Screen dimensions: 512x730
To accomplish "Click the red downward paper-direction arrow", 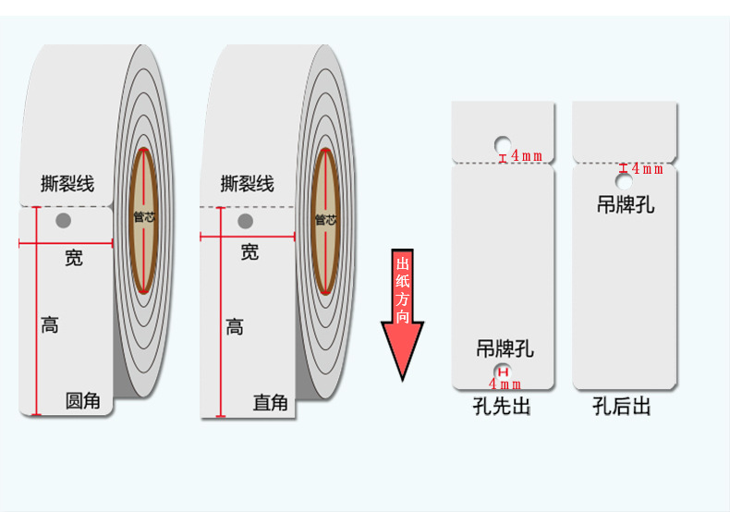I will click(403, 314).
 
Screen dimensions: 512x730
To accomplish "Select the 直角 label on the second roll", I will click(271, 403).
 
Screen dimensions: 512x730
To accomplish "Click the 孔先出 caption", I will click(502, 406).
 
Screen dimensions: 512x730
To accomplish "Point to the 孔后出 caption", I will click(622, 406).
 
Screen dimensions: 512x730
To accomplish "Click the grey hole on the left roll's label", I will click(63, 220).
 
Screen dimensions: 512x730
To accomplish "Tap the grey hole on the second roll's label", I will click(245, 221).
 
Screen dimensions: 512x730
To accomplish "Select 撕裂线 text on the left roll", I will click(67, 183).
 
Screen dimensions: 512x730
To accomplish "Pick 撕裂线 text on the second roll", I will click(248, 183).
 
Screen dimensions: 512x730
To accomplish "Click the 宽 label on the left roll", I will click(74, 258).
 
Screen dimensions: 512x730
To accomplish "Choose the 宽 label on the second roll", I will click(249, 251).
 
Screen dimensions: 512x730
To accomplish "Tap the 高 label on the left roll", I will click(50, 324).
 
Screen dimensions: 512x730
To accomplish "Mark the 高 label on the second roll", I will click(235, 326).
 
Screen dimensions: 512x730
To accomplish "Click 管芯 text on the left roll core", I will click(144, 218).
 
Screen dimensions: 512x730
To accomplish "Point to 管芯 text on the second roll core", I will click(324, 219).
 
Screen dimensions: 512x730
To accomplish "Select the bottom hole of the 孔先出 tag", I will click(502, 372).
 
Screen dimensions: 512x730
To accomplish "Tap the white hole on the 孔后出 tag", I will click(625, 180).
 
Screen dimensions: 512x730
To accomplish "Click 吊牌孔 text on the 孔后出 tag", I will click(626, 204).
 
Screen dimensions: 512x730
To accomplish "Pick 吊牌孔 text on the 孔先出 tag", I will click(505, 348).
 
